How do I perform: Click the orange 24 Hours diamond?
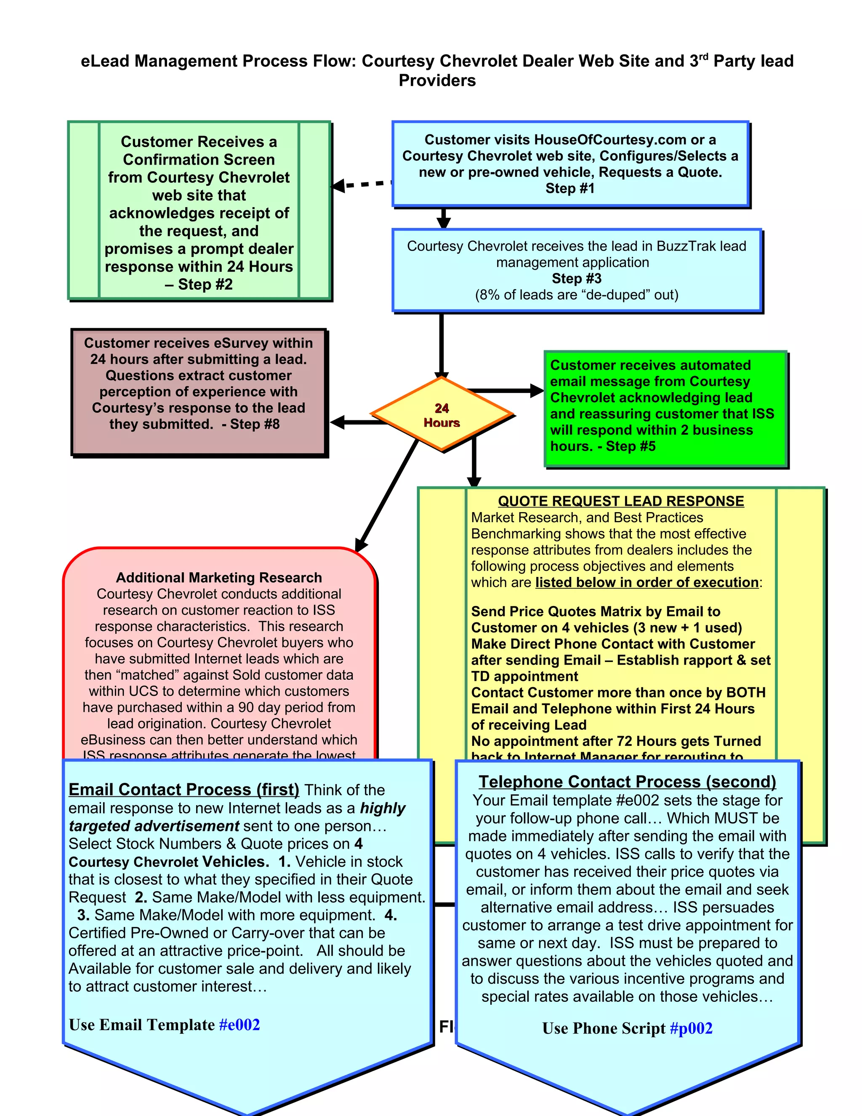[x=442, y=415]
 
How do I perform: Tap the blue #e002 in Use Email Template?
[x=239, y=1025]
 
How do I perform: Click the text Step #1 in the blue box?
[x=570, y=189]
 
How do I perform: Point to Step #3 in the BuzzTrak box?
[x=577, y=278]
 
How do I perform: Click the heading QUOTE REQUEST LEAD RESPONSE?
[x=620, y=501]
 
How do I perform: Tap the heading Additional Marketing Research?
[x=218, y=577]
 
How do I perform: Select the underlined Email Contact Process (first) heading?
[x=184, y=790]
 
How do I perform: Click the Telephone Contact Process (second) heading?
[x=627, y=782]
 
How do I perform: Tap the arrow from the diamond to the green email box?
[x=505, y=391]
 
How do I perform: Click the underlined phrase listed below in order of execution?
[x=646, y=582]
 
